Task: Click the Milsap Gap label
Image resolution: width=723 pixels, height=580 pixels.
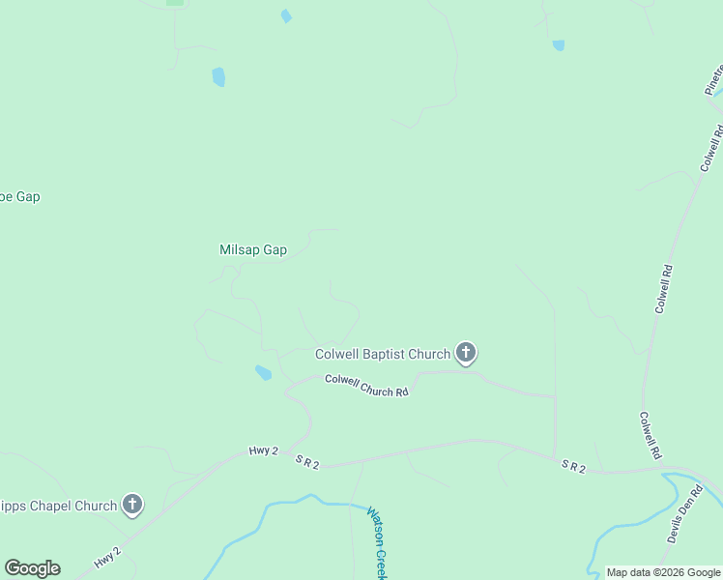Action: pyautogui.click(x=253, y=249)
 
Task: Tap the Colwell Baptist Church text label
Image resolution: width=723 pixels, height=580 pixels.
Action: pyautogui.click(x=383, y=355)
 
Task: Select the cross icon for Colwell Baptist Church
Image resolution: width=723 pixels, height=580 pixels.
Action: pyautogui.click(x=466, y=353)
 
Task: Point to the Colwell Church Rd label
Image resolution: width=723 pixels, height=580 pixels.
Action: pyautogui.click(x=366, y=385)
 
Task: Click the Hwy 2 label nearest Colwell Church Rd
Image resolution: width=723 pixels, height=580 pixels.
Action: pyautogui.click(x=263, y=451)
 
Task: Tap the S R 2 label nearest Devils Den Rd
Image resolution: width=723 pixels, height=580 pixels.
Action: pyautogui.click(x=573, y=466)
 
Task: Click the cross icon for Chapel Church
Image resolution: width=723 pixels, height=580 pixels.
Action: pyautogui.click(x=132, y=504)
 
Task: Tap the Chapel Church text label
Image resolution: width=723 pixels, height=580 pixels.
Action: pyautogui.click(x=58, y=505)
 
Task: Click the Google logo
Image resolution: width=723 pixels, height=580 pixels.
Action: pyautogui.click(x=32, y=568)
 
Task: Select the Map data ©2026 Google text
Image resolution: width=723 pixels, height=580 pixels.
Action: pyautogui.click(x=664, y=572)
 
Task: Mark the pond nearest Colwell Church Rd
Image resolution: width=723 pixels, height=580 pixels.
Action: pyautogui.click(x=263, y=372)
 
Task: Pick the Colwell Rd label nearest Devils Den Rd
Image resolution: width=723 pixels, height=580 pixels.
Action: pyautogui.click(x=649, y=435)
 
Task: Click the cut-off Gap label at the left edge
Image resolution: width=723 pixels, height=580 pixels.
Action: pyautogui.click(x=19, y=196)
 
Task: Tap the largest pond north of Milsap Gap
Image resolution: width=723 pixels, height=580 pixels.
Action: pyautogui.click(x=218, y=76)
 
